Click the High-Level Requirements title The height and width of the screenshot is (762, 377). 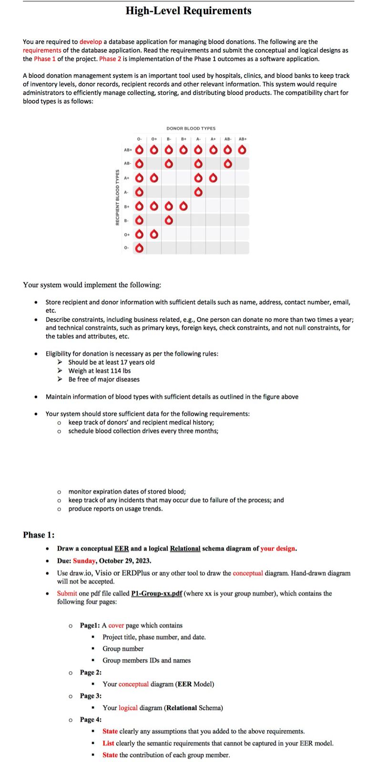coord(188,10)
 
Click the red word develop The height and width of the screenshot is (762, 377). coord(91,42)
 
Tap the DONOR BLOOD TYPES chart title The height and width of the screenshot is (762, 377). coord(191,129)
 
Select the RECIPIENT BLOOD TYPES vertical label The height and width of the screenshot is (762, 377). coord(117,197)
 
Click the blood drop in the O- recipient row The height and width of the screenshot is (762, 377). coord(139,248)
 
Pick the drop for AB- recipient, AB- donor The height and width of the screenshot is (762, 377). coord(228,164)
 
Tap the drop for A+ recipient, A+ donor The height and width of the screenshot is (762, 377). coord(213,178)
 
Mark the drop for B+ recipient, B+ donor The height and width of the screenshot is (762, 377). coord(183,206)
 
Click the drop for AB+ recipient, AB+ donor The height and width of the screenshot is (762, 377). coord(243,150)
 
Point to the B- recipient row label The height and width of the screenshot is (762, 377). coord(126,221)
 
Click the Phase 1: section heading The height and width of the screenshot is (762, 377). coord(39,535)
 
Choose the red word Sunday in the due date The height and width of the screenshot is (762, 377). coord(84,561)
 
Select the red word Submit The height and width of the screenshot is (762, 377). coord(67,593)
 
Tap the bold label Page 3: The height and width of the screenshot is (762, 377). coord(91,696)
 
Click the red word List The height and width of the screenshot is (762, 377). coord(108,743)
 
